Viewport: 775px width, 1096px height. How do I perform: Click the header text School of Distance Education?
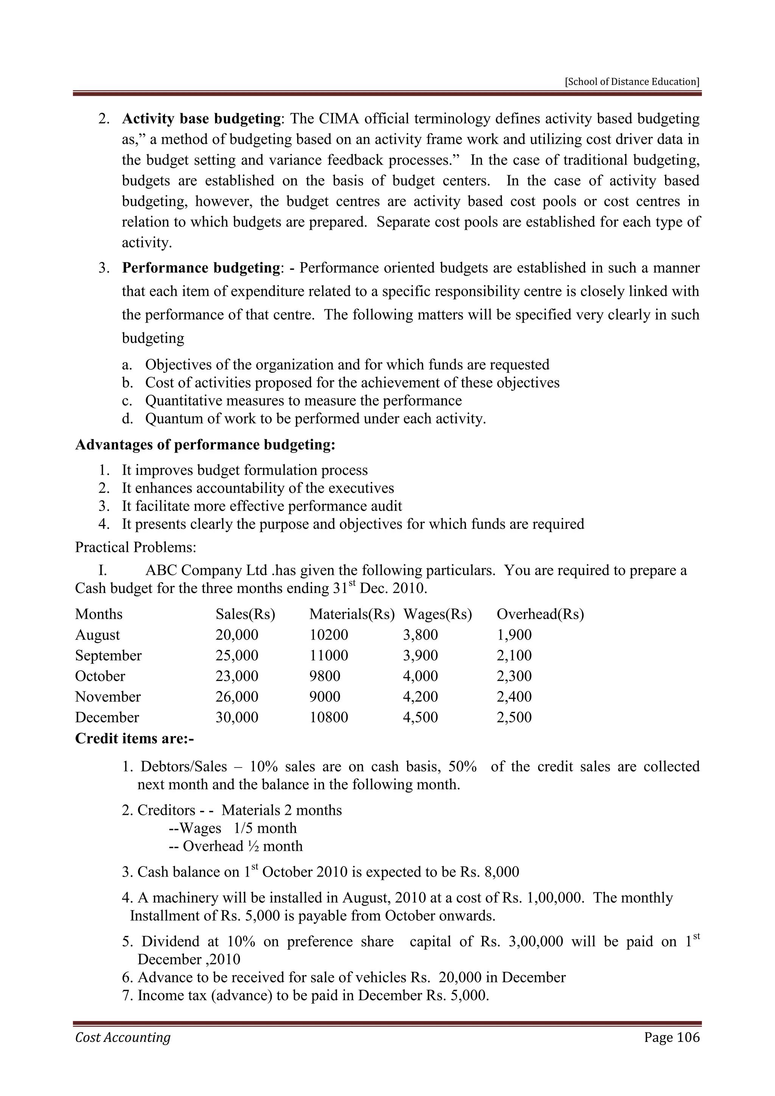(632, 82)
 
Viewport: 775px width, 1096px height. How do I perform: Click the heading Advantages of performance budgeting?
(205, 445)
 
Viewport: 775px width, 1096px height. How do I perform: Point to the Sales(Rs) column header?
(245, 614)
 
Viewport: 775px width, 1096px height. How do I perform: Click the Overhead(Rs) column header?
(540, 614)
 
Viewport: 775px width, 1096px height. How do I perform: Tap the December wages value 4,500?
(420, 718)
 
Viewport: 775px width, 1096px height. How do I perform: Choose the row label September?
(108, 655)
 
